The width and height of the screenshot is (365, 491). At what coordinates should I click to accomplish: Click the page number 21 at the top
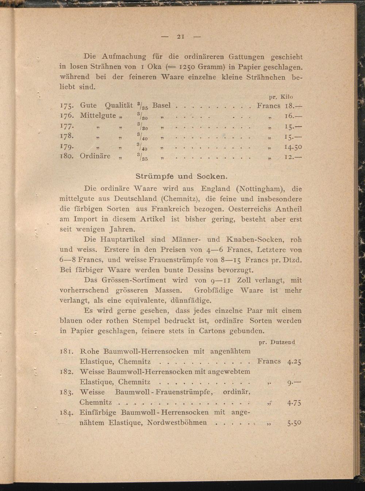[x=181, y=36]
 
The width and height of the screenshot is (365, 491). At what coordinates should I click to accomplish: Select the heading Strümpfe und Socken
[x=181, y=176]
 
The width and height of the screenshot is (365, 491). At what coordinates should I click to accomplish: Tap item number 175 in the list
[x=67, y=106]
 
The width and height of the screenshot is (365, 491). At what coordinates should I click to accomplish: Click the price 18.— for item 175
[x=293, y=106]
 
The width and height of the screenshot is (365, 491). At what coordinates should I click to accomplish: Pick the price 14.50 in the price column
[x=293, y=147]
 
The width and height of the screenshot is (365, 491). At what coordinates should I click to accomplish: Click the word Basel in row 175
[x=161, y=105]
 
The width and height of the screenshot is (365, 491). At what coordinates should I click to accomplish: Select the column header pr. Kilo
[x=281, y=97]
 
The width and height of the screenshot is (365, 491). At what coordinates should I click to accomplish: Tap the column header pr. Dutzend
[x=277, y=342]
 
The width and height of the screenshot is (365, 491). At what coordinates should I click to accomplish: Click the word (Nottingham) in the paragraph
[x=260, y=189]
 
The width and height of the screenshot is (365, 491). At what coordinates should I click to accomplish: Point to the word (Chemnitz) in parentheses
[x=179, y=199]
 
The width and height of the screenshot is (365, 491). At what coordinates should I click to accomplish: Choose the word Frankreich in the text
[x=170, y=209]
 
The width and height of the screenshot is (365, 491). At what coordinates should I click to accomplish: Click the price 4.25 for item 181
[x=294, y=362]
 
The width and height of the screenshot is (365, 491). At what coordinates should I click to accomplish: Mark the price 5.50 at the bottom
[x=294, y=423]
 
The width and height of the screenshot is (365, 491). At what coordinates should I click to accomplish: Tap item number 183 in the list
[x=67, y=393]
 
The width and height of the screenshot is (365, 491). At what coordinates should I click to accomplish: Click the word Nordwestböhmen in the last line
[x=177, y=423]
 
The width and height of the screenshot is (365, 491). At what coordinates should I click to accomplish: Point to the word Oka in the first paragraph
[x=154, y=67]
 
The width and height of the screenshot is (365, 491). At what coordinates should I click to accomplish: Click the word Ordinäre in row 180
[x=95, y=156]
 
